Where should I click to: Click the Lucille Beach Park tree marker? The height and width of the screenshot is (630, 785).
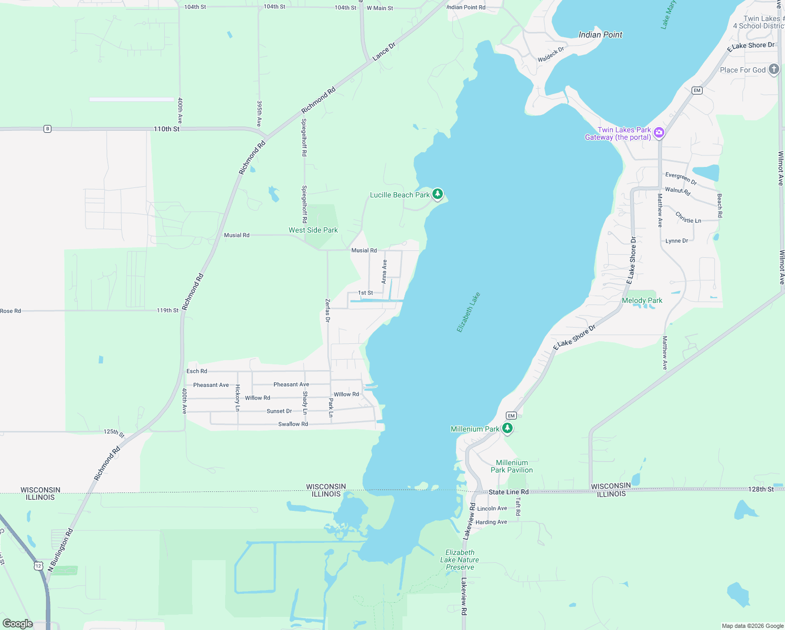[x=437, y=194]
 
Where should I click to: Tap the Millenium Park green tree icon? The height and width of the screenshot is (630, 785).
[x=507, y=428]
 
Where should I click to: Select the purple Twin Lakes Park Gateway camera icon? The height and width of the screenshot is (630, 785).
[x=659, y=133]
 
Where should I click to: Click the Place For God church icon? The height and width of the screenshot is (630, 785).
[x=773, y=69]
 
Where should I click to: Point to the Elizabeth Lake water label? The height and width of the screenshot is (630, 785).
[x=468, y=312]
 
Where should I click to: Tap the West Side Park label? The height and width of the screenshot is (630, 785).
[x=313, y=230]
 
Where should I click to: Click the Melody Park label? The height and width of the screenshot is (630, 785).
[x=642, y=300]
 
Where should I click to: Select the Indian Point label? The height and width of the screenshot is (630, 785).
[x=600, y=35]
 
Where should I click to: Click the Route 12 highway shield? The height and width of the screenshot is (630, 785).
[x=38, y=565]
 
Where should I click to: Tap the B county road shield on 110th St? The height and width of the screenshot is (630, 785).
[x=47, y=129]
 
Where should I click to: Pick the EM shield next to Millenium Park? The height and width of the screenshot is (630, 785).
[x=511, y=415]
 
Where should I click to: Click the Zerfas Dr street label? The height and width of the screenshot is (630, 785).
[x=328, y=310]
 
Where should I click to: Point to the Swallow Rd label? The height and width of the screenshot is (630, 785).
[x=293, y=424]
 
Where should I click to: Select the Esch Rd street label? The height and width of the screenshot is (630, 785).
[x=197, y=371]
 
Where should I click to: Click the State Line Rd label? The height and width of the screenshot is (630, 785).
[x=508, y=492]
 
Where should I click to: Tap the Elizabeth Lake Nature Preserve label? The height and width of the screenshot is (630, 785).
[x=460, y=560]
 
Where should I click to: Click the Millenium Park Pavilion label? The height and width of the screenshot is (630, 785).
[x=512, y=466]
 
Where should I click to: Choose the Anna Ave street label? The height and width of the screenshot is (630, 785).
[x=384, y=271]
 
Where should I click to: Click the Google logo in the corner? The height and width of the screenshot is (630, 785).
[x=18, y=623]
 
